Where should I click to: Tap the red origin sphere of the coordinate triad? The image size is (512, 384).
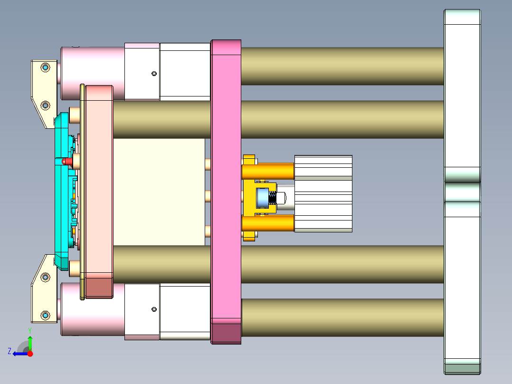30,354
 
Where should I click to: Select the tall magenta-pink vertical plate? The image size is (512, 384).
226,190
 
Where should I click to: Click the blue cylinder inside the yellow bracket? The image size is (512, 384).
263,198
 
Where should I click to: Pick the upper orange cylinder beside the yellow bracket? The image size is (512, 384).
268,171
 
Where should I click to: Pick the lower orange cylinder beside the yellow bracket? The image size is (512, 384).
268,223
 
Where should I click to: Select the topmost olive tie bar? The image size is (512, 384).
342,66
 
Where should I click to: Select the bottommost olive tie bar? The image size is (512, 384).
342,317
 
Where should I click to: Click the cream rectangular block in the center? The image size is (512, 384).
159,192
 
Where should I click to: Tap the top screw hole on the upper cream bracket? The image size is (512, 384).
45,67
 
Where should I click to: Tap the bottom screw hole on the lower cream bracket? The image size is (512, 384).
45,315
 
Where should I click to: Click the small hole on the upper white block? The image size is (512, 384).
154,73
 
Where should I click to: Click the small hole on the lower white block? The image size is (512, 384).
154,309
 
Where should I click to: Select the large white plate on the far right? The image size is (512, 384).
462,95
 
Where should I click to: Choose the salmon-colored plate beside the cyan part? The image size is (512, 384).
99,190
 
